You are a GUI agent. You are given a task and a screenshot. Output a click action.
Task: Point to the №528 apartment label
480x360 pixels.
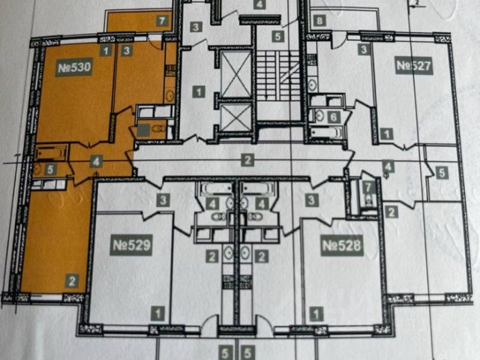pos(341,244)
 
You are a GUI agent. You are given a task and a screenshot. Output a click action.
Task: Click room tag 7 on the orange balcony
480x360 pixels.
pos(161,21)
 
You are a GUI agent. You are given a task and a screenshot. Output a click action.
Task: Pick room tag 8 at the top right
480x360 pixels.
pos(320,20)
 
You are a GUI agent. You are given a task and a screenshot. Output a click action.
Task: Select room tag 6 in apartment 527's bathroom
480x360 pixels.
pos(334,116)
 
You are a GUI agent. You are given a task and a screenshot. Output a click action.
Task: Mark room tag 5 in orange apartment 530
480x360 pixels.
pos(49,169)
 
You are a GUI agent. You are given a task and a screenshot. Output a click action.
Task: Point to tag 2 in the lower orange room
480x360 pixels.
pos(72,282)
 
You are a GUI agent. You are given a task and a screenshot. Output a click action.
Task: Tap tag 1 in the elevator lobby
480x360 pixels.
pos(198,92)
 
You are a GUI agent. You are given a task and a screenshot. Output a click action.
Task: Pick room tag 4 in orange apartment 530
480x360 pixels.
pos(96,160)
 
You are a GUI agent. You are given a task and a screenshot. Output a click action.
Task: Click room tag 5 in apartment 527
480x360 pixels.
pos(442,172)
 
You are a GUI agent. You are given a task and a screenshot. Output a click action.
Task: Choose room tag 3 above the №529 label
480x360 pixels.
pos(163,199)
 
